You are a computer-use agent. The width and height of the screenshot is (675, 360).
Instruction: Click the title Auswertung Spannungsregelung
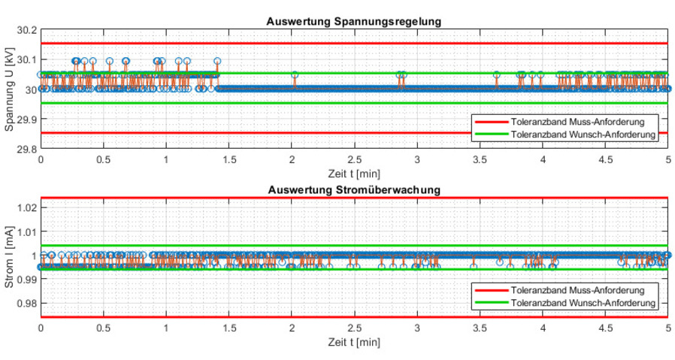point(353,21)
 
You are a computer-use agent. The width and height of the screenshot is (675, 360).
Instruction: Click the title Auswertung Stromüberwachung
point(353,189)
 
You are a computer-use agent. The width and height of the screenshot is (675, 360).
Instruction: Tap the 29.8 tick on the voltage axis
point(26,149)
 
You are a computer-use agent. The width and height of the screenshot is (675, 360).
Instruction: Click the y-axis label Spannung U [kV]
point(9,89)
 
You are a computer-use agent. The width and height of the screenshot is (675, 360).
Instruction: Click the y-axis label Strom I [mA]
point(9,258)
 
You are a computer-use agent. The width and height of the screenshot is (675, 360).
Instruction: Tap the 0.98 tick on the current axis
point(26,304)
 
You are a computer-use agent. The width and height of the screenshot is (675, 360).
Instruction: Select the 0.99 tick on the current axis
point(26,280)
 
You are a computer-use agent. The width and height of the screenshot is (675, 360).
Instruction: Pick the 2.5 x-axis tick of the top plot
point(354,160)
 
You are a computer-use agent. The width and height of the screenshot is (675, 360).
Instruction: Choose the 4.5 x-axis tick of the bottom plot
point(605,328)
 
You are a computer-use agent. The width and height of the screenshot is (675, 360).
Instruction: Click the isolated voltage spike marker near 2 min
point(295,74)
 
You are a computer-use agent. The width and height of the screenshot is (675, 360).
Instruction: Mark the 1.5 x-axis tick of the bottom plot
point(229,328)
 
